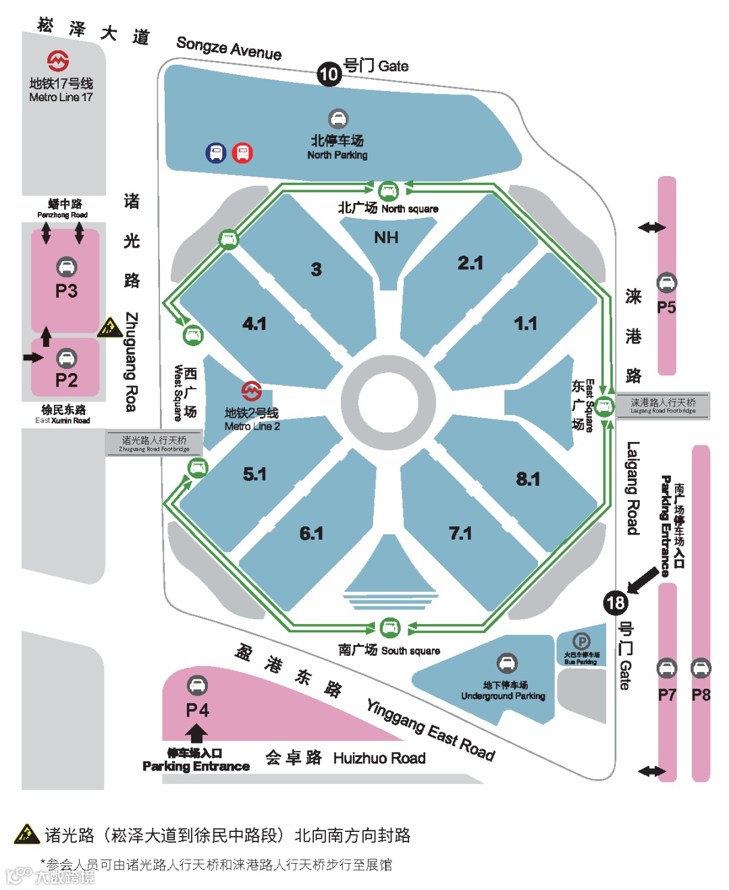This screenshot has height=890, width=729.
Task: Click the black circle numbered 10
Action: [329, 74]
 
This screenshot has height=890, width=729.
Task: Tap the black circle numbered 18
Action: [616, 603]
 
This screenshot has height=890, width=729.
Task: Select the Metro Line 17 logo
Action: [58, 61]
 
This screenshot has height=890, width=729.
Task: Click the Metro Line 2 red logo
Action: [252, 391]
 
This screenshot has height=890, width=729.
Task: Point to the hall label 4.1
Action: [254, 324]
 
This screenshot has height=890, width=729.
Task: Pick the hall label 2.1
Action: [470, 262]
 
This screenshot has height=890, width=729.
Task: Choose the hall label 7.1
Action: [460, 534]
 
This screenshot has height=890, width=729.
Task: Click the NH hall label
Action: [386, 238]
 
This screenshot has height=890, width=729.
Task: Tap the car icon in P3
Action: [66, 267]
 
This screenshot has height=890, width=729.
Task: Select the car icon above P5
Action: [666, 283]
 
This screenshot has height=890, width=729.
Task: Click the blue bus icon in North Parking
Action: [216, 153]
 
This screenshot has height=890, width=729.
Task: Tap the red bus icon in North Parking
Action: [242, 153]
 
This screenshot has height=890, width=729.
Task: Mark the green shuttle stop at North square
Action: [388, 191]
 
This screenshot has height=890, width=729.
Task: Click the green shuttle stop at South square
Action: [389, 628]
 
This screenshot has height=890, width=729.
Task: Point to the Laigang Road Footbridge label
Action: [663, 405]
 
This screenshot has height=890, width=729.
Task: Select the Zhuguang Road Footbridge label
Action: [154, 443]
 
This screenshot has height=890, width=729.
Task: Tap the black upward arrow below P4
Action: [196, 733]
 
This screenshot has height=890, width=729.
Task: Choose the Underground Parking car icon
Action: [507, 664]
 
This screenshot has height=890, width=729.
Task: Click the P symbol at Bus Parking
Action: [581, 641]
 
